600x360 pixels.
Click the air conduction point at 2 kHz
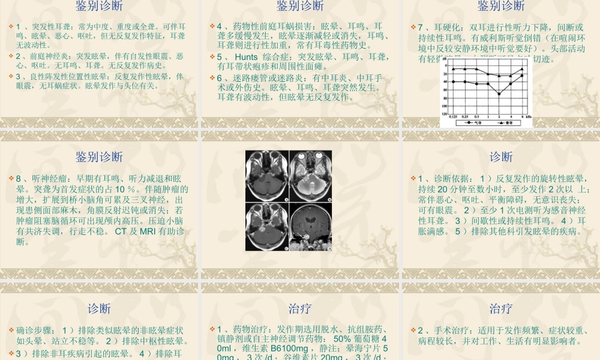pos(499,94)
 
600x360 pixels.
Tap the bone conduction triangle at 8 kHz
pos(522,69)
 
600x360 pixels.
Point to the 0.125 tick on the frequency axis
pos(453,116)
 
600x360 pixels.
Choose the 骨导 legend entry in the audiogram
pos(508,122)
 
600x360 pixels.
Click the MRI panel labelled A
pos(267,175)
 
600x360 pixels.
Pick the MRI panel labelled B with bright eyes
pos(310,175)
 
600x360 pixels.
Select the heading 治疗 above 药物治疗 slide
pos(299,309)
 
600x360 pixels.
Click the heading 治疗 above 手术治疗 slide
pos(500,309)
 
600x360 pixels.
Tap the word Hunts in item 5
pos(246,57)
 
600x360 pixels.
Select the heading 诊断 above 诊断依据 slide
pos(500,157)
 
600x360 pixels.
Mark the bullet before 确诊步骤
pos(11,330)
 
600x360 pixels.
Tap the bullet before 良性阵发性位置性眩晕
pos(11,76)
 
